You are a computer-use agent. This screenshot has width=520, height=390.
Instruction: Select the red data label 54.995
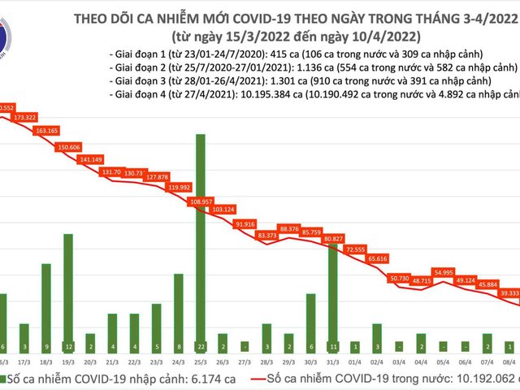coord(444,272)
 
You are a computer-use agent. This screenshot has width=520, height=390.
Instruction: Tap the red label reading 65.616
coord(377,258)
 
